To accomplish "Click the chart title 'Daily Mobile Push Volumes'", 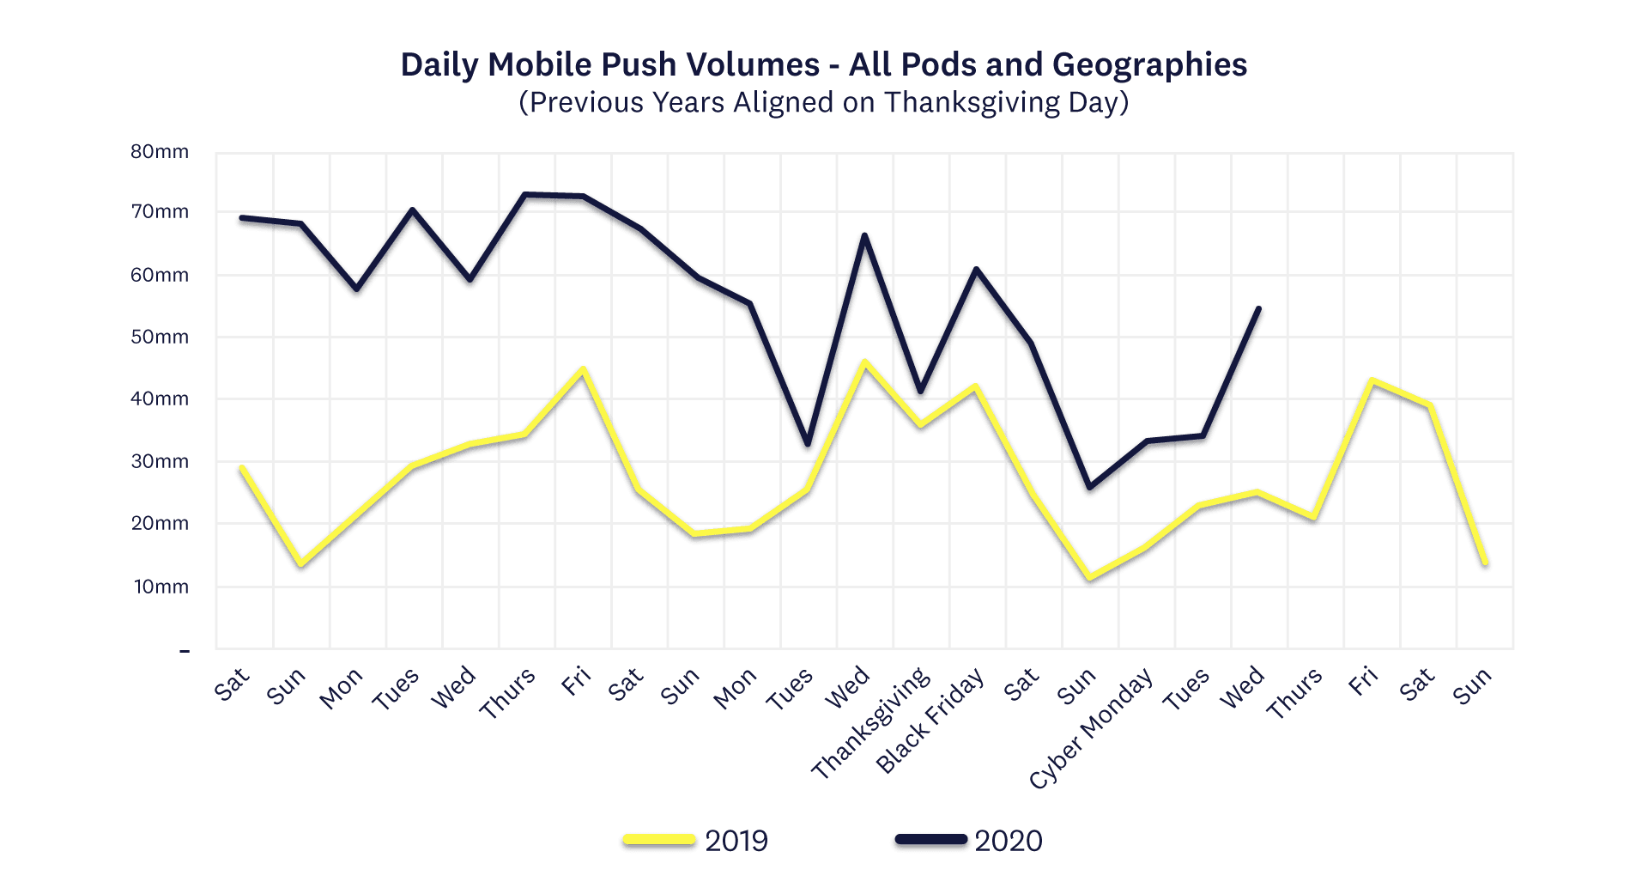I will (x=823, y=64).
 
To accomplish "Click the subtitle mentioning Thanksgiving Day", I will (x=823, y=102).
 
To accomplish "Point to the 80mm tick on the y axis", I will (x=160, y=152).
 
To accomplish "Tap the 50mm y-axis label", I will (x=160, y=337).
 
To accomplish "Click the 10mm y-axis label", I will (x=161, y=587).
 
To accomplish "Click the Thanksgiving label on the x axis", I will (x=871, y=723).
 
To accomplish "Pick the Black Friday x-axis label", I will (x=930, y=721).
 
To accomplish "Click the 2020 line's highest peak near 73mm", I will (x=525, y=195).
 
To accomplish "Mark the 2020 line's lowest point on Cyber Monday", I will (x=1089, y=487).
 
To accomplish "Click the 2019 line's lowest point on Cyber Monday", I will (x=1089, y=578).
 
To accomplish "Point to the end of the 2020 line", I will (x=1258, y=308).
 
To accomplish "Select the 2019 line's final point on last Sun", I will (x=1485, y=563).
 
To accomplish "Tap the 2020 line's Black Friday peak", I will (x=976, y=270).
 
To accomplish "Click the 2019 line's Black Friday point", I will (x=976, y=387).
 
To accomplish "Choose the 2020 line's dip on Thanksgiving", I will (x=920, y=391).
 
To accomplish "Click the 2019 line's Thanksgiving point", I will (x=920, y=424).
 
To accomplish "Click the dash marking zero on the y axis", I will (x=184, y=651).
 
